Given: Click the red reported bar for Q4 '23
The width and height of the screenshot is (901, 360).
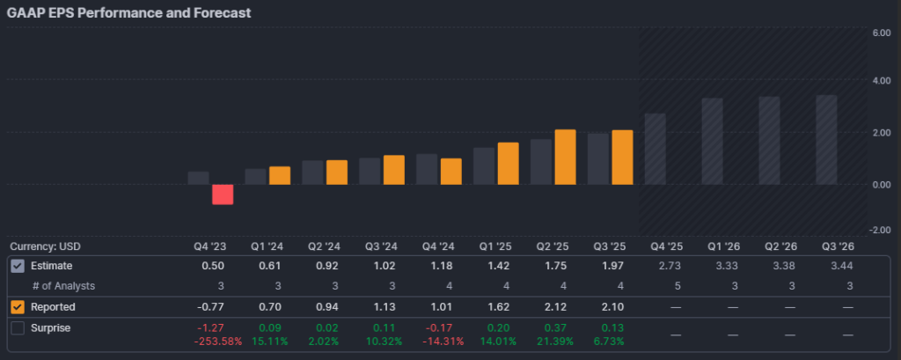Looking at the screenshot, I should pos(223,195).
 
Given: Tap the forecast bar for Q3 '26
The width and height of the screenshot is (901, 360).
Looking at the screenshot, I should pos(826,140).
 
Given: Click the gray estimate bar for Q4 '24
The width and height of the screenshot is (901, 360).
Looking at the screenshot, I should pos(427,169).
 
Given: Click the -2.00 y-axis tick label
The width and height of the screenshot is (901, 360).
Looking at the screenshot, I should pos(880,230).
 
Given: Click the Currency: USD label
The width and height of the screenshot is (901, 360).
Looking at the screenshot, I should pos(45,246).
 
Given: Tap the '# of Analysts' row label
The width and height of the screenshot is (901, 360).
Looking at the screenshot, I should pos(63,285).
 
